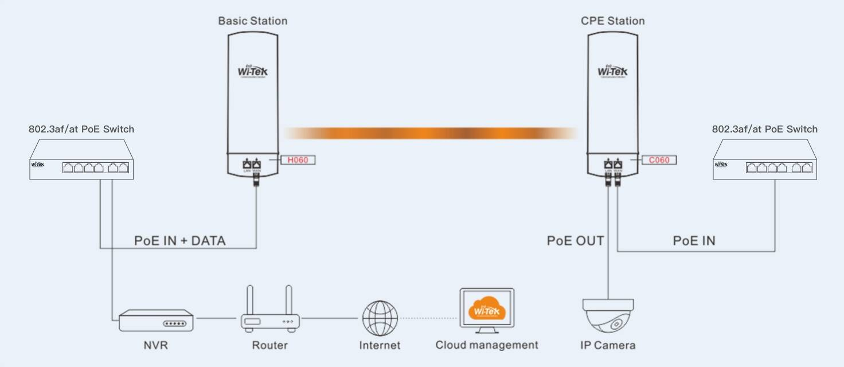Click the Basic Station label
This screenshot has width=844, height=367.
point(252,21)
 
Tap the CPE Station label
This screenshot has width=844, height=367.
point(612,21)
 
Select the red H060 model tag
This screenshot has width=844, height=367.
point(298,160)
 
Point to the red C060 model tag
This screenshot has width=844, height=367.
point(659,160)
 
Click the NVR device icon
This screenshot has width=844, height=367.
point(156,322)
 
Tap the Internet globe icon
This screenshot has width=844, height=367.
point(380,318)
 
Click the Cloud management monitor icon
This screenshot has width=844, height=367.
point(487,311)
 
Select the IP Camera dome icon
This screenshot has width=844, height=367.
point(608,317)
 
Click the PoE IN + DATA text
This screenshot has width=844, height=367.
point(180,241)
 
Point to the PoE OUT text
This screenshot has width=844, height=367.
point(575,241)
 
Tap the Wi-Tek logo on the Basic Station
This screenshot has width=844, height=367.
point(252,71)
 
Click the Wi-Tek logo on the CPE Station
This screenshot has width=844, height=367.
point(612,71)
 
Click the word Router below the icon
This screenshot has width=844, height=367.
point(269,345)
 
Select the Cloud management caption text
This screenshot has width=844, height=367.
point(487,345)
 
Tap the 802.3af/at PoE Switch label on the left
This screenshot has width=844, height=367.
point(81,129)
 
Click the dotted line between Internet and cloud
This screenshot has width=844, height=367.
point(429,318)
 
